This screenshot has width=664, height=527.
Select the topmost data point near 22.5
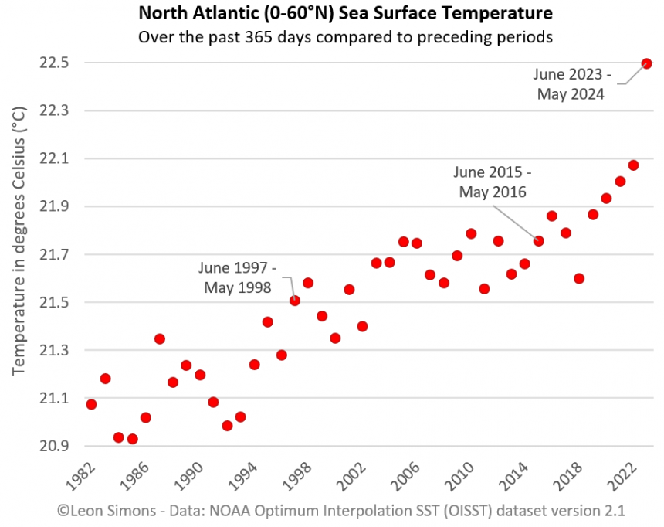[647, 63]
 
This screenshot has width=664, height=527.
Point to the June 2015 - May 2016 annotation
[493, 182]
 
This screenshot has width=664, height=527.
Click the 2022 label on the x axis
[623, 477]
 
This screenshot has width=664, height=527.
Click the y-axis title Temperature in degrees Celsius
[20, 240]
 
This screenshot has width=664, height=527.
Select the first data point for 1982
[91, 404]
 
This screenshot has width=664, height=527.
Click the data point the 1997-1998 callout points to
[294, 301]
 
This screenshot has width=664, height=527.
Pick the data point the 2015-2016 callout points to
[539, 241]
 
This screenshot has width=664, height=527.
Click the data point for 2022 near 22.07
[633, 165]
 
